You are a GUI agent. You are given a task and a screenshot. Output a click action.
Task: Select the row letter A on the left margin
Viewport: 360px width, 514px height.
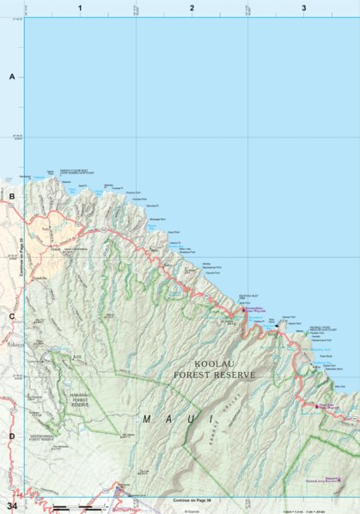coord(12,76)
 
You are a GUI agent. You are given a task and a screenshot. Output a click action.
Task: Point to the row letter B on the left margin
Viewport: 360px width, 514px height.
coord(12,196)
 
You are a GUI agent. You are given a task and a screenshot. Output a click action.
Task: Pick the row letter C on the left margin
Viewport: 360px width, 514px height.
coord(12,315)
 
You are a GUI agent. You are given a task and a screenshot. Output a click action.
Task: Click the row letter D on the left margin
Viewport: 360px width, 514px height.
coord(12,436)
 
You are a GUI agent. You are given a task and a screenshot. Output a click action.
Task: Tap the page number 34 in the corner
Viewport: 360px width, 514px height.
coord(11,505)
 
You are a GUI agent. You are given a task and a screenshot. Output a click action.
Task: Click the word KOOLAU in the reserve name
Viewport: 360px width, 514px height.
coord(213,364)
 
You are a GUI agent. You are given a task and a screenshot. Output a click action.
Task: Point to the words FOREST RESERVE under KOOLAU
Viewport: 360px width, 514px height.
coord(214,375)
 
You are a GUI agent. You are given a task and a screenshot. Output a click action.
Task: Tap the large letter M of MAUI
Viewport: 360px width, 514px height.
coord(147,419)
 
